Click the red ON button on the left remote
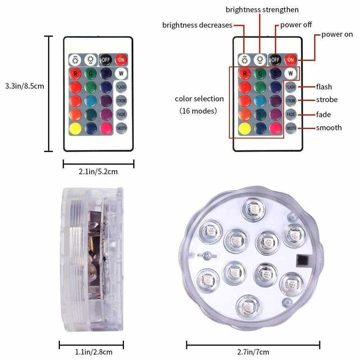point(121,60)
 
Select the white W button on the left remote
point(121,74)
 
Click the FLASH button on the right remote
point(291,87)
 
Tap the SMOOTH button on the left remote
point(121,128)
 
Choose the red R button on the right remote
point(245,74)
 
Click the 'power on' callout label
point(337,35)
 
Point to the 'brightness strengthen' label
point(262,10)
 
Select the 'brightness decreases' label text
point(197,25)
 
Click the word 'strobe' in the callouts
point(327,100)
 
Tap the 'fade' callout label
point(323,114)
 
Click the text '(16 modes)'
point(198,111)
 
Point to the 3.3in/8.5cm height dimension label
point(25,86)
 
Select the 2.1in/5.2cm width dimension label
point(98,172)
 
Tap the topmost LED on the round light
point(254,209)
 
